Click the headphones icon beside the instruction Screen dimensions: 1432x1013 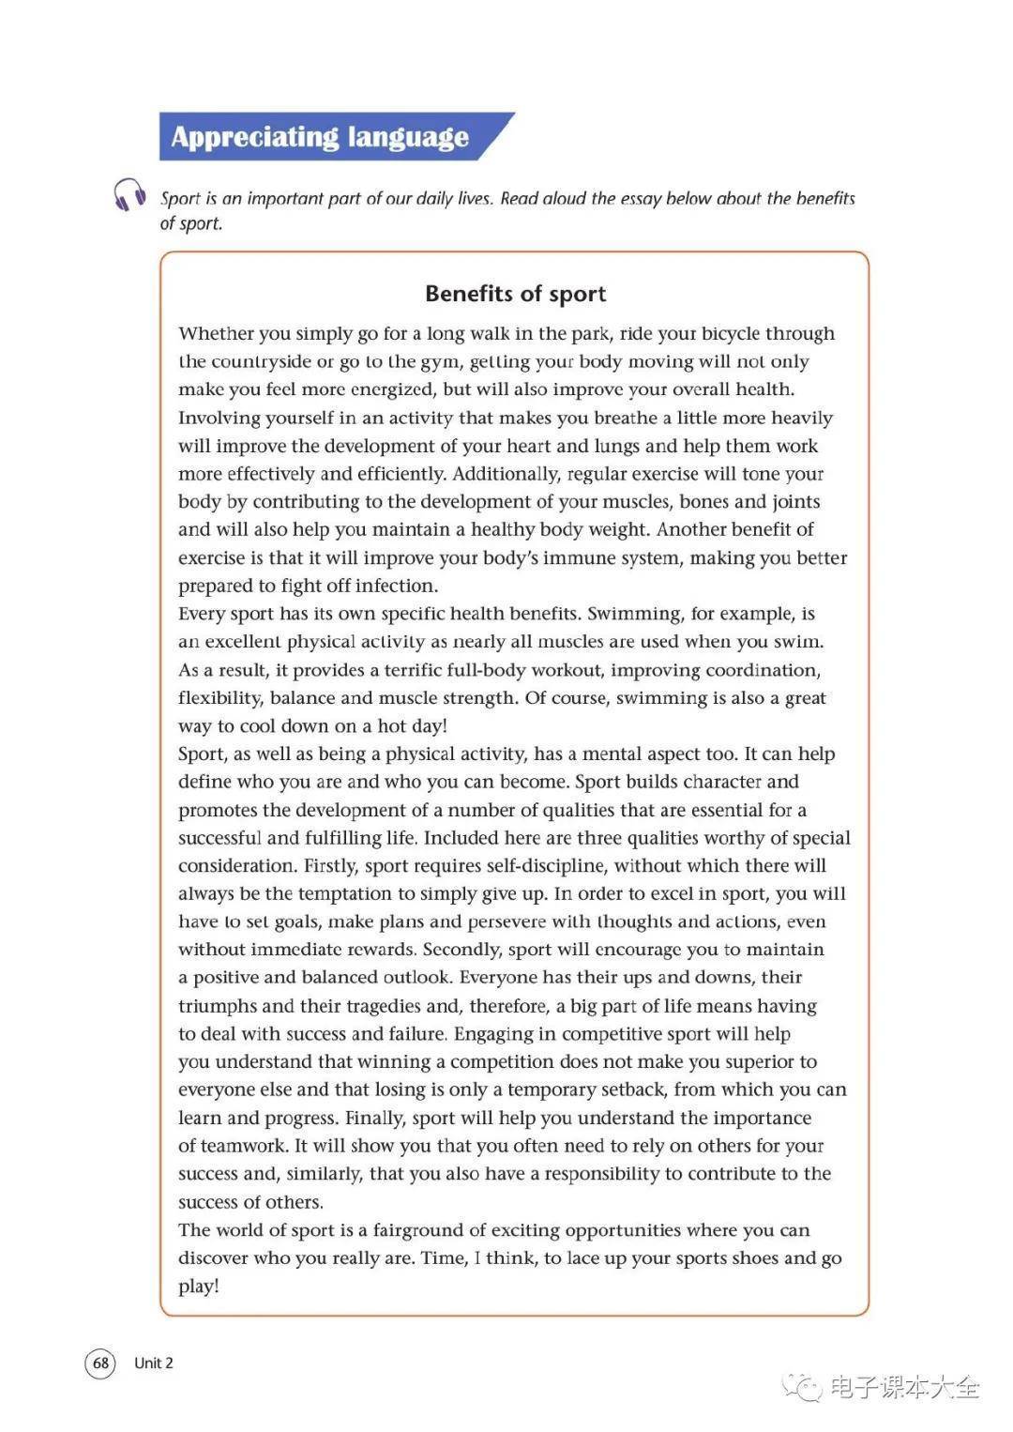(129, 195)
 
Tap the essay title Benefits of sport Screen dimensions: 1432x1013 (515, 294)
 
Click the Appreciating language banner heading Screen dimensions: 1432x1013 (320, 137)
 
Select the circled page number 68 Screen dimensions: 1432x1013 (100, 1363)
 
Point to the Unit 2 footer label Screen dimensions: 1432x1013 (154, 1363)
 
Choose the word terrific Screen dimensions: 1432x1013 (418, 670)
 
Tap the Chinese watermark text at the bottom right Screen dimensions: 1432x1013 (904, 1387)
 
